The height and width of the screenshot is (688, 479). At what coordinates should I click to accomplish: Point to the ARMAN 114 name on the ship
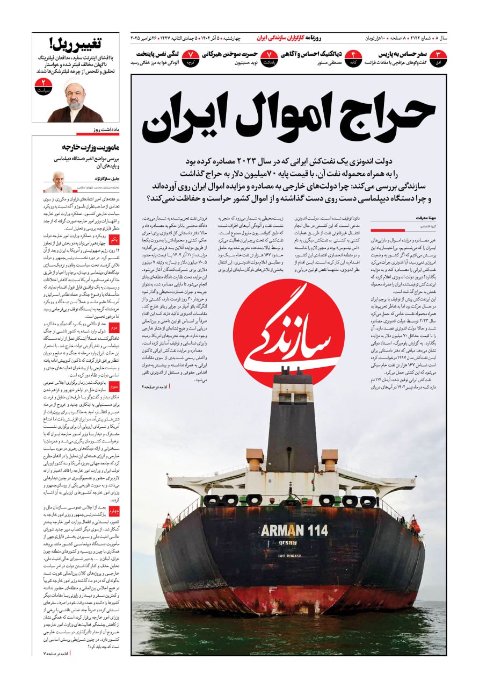[294, 531]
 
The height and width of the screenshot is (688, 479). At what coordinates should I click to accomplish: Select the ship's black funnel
[293, 425]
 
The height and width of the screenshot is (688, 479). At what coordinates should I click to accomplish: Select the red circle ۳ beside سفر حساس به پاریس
[439, 57]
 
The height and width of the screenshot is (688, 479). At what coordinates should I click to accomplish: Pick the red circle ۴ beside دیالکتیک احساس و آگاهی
[353, 57]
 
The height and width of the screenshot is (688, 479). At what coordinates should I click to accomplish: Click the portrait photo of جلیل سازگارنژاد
[57, 182]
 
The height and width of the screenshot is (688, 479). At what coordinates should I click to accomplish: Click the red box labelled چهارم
[114, 511]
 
